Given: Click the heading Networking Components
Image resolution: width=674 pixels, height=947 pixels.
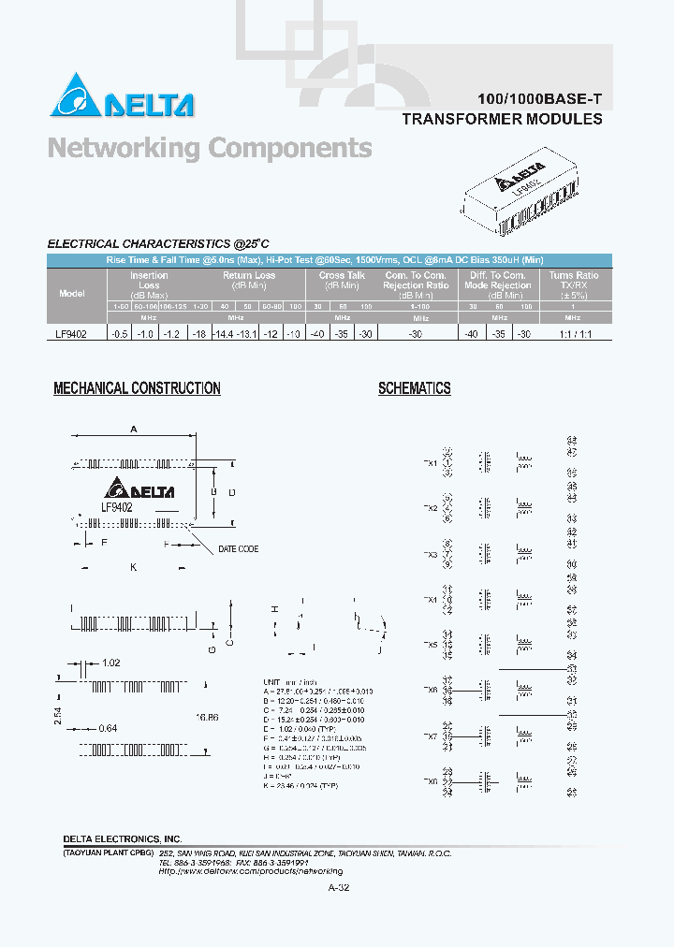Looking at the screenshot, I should click(x=210, y=148).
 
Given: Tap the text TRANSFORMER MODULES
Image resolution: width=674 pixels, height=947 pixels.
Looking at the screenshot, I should click(x=502, y=119).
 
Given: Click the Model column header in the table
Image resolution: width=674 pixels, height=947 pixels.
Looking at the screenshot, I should click(x=72, y=293).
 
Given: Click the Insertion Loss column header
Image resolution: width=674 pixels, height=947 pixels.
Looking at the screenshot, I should click(x=149, y=281).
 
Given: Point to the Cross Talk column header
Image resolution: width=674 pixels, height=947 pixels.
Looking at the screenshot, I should click(x=342, y=281).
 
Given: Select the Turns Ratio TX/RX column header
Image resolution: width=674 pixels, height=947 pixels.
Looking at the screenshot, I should click(x=574, y=281).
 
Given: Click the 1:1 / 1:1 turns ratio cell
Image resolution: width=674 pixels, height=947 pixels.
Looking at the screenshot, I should click(x=573, y=334).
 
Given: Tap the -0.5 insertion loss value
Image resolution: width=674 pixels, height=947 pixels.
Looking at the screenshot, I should click(x=119, y=334).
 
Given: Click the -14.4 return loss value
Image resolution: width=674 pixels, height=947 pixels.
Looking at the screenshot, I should click(x=222, y=334).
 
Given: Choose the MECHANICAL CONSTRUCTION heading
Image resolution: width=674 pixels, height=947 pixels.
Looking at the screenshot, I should click(x=137, y=388).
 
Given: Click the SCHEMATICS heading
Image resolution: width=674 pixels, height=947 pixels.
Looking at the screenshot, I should click(x=414, y=388).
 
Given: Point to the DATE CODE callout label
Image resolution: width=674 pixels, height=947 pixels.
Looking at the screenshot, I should click(x=238, y=549).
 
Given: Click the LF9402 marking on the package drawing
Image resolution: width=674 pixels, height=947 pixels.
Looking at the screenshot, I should click(x=117, y=506).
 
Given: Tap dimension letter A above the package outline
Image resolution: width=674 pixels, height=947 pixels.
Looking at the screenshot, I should click(x=134, y=429).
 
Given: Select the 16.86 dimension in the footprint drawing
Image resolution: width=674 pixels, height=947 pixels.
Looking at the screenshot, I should click(x=208, y=716).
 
